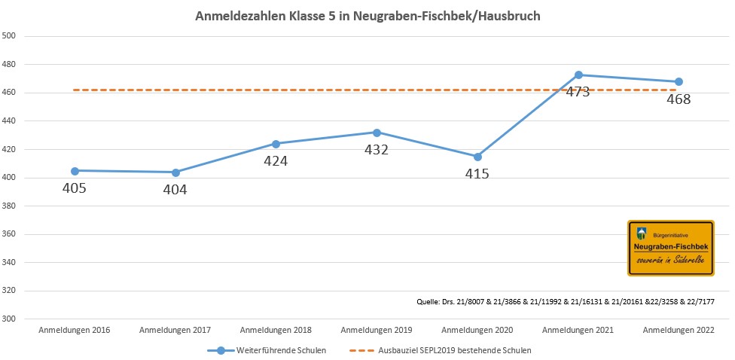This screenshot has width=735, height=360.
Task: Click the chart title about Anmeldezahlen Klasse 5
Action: click(x=367, y=16)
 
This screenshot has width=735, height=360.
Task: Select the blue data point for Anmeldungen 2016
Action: click(x=75, y=171)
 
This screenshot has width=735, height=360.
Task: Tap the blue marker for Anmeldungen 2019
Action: click(x=377, y=133)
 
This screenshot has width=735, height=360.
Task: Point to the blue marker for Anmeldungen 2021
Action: click(x=578, y=75)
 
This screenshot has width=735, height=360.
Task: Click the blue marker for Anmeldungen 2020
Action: click(x=477, y=157)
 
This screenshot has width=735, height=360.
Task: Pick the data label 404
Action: click(x=175, y=190)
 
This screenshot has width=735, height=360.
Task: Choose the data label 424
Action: click(x=276, y=160)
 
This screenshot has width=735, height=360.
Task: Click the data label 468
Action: click(x=679, y=99)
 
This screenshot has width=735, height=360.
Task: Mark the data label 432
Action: click(x=377, y=150)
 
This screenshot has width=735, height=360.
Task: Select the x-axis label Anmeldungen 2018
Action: click(x=276, y=331)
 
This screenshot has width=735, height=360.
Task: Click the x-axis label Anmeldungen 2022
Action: click(x=679, y=331)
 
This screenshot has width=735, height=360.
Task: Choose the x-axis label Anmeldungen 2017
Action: click(x=175, y=331)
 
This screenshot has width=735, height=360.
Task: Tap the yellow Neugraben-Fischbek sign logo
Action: click(x=670, y=249)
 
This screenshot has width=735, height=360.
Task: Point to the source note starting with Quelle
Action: click(x=566, y=301)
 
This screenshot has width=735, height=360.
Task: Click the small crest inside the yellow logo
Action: click(x=642, y=233)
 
